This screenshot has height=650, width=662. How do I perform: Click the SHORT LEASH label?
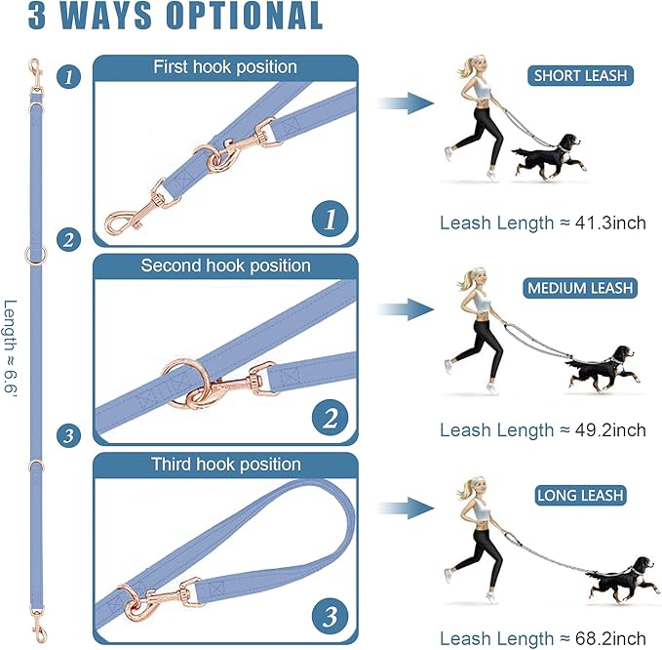point(581,76)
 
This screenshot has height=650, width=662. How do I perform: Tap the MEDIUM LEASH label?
point(580,288)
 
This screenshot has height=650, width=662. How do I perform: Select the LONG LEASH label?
point(580,496)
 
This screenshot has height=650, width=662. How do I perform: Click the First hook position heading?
point(224,67)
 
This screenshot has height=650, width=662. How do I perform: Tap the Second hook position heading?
point(225,265)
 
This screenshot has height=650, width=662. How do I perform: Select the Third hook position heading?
point(225,464)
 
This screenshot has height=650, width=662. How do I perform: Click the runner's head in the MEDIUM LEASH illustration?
point(476,279)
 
